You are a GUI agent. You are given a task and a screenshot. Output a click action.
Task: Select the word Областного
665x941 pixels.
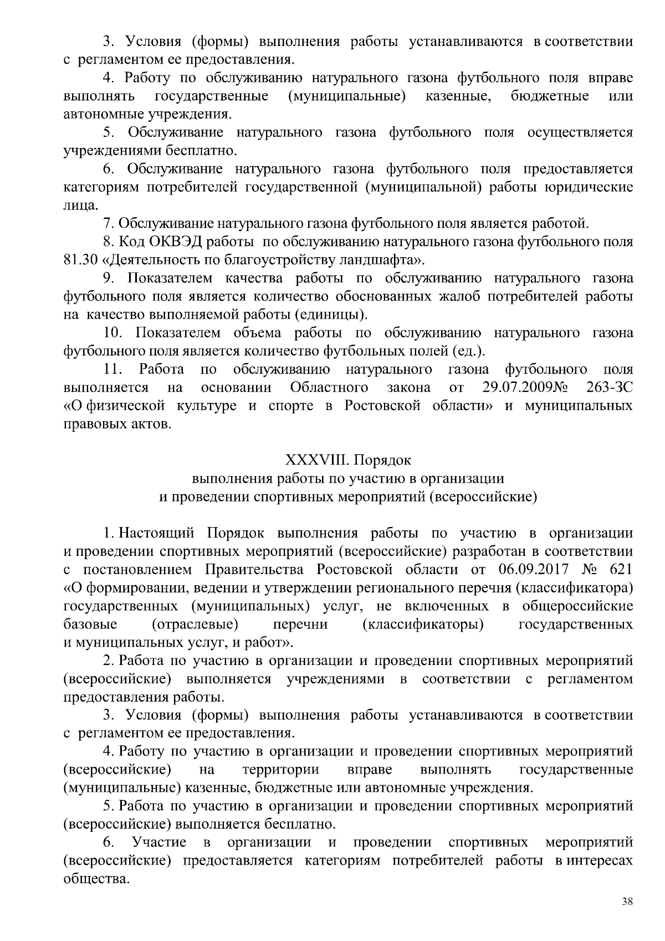point(329,387)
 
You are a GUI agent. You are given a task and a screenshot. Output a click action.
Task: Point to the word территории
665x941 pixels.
point(281,770)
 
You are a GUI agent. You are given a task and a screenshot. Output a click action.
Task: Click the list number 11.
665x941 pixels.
point(112,369)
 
